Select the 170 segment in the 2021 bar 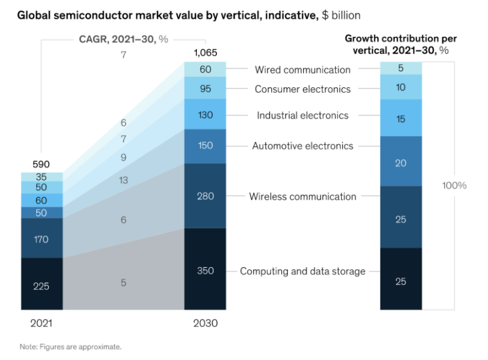42,238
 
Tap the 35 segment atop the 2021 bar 42,177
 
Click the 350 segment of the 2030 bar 205,270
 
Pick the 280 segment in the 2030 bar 205,196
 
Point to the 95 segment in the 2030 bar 205,88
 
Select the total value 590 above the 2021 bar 41,164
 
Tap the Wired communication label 302,69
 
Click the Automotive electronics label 302,146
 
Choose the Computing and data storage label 302,271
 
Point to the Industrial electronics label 302,115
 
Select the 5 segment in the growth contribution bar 401,68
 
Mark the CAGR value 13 124,180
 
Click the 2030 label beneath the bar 205,323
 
